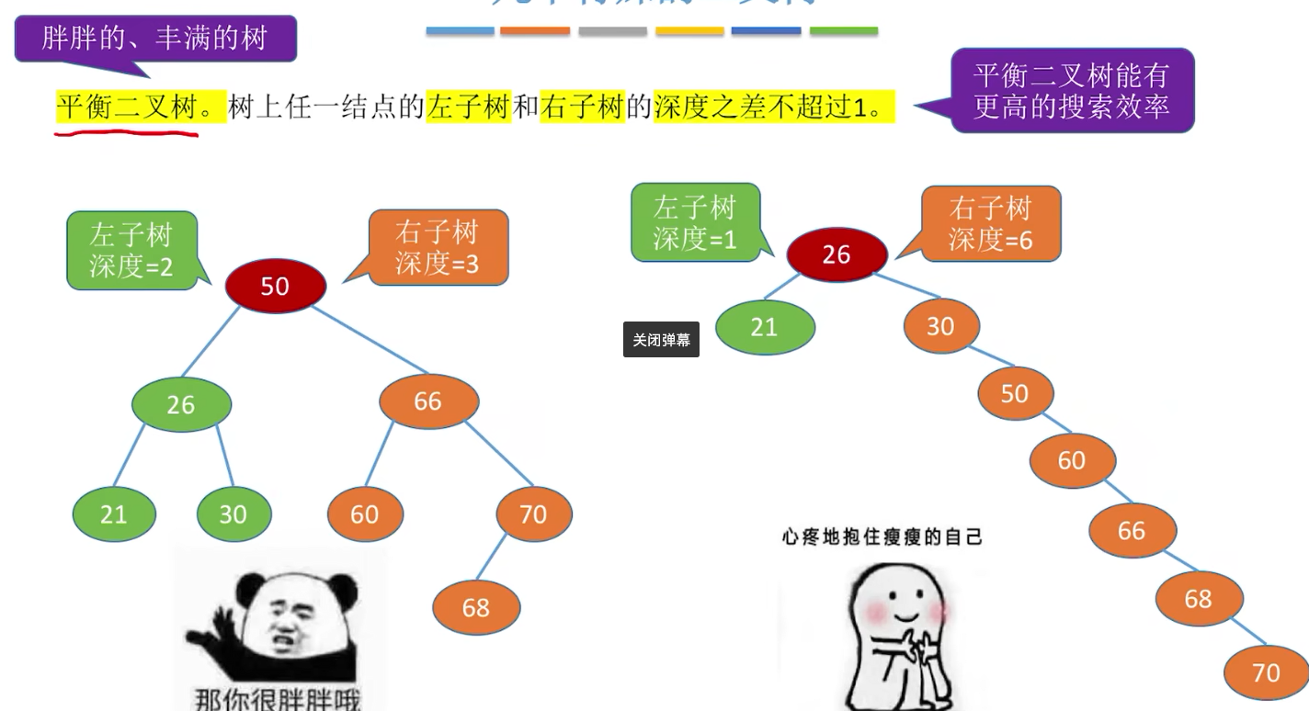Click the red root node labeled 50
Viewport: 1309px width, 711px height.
point(275,286)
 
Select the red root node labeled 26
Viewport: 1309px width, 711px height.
point(837,254)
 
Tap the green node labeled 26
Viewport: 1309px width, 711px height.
point(181,404)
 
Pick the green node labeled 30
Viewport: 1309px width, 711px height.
point(233,513)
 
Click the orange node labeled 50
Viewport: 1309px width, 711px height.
point(1015,393)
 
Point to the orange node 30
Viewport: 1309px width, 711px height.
point(940,326)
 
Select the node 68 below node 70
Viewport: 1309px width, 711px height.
point(476,607)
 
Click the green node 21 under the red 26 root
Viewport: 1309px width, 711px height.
point(765,327)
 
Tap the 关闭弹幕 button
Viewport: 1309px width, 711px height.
point(661,340)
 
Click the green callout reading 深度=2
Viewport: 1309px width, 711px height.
point(131,250)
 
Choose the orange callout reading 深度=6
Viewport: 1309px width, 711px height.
point(991,223)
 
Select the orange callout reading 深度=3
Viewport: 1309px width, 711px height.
point(438,247)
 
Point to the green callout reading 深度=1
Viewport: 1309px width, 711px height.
point(695,221)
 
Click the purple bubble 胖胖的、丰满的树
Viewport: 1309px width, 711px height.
point(154,38)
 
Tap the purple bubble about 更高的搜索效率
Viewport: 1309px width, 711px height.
point(1072,90)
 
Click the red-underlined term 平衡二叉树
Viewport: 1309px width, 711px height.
point(128,108)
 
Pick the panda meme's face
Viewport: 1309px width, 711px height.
point(280,615)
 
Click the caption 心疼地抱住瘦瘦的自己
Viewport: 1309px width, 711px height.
point(882,536)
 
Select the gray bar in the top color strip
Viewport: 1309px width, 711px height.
point(612,31)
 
